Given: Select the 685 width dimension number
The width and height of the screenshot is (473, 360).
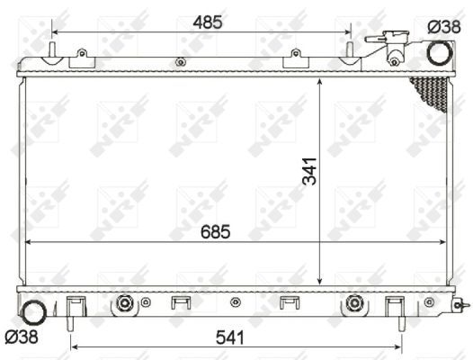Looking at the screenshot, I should tap(215, 231).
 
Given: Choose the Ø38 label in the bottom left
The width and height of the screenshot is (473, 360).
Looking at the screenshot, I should tap(21, 338).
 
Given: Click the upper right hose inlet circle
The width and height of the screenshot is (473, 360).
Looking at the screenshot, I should tap(440, 52).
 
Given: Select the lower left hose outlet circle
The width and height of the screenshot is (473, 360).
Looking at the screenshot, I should tap(33, 314).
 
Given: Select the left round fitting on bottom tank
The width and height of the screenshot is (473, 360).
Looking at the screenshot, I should tap(122, 305).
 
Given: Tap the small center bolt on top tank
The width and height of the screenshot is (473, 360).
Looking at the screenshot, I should tap(181, 62).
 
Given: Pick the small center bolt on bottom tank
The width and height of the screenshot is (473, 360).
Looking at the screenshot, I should tap(236, 301).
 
